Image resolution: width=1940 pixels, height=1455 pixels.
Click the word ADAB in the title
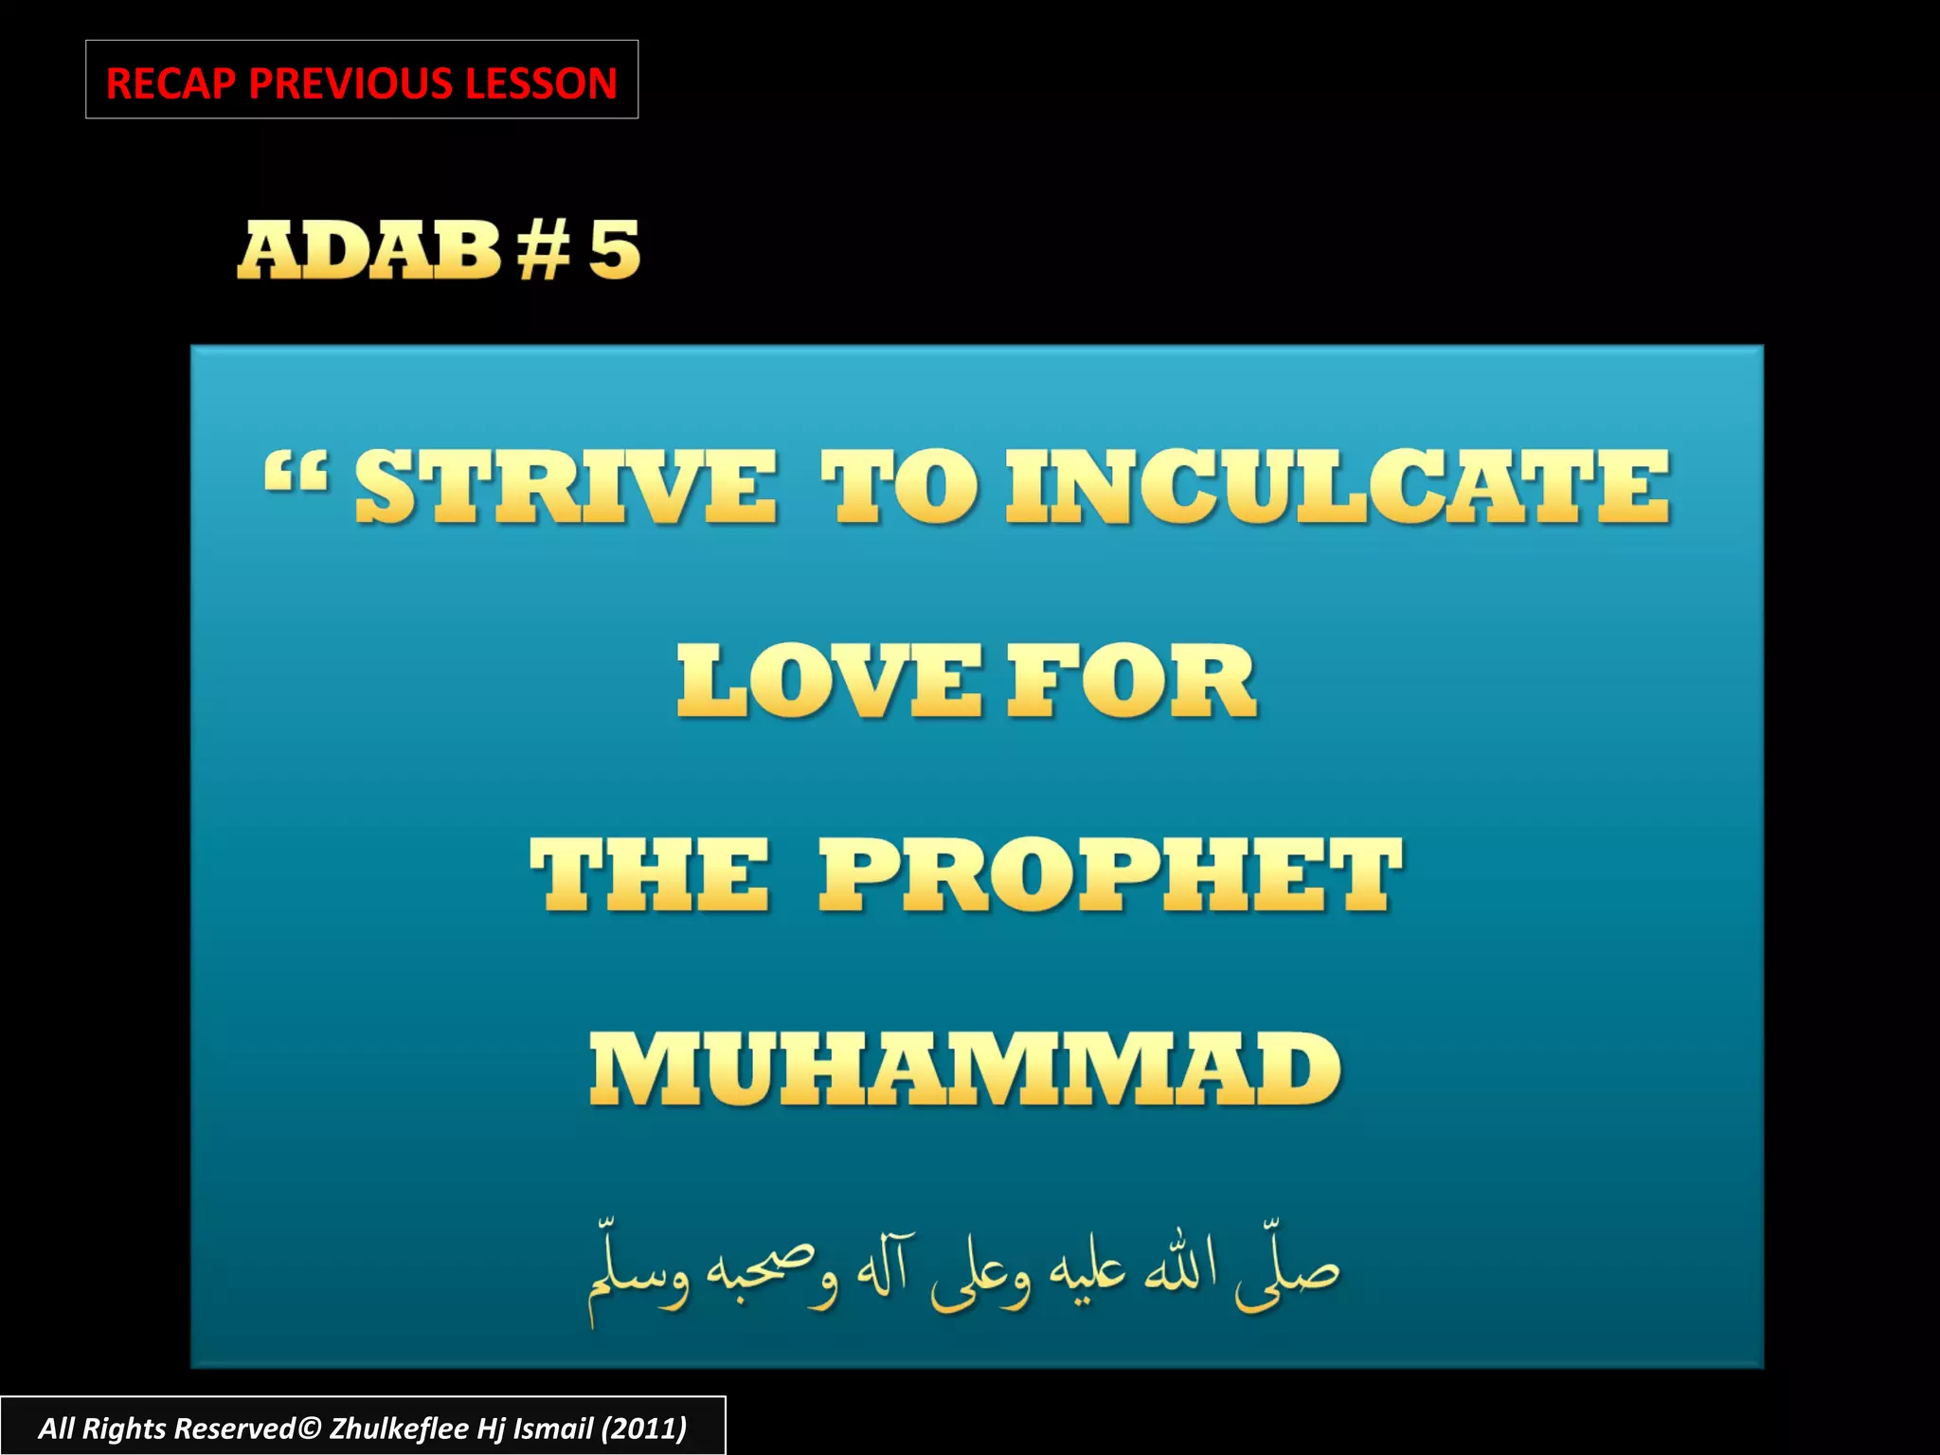point(368,250)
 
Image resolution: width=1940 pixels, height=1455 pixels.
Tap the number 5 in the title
point(614,250)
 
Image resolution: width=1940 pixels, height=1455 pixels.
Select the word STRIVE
point(566,487)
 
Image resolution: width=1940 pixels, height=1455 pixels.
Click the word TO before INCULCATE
point(898,487)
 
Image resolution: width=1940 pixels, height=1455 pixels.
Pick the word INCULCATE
point(1338,487)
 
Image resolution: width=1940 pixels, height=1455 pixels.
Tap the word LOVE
point(830,681)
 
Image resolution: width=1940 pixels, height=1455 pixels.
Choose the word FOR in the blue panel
point(1131,681)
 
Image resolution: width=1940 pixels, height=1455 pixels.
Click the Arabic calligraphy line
point(963,1274)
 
